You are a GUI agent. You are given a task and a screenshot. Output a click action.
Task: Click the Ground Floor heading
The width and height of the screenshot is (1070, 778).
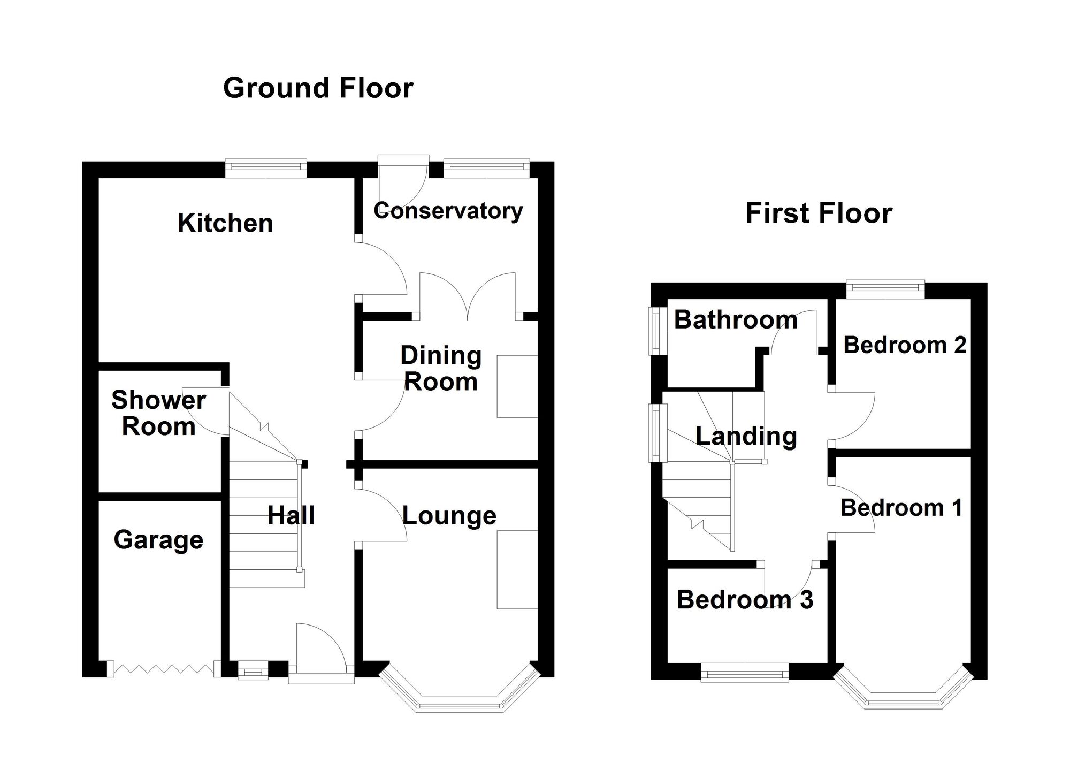point(318,88)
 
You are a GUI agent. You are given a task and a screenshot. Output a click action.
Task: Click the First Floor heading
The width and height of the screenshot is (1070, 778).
point(819,213)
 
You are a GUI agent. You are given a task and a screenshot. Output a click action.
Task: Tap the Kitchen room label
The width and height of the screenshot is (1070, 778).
point(225,223)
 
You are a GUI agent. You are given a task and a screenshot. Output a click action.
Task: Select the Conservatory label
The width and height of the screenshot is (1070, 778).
point(448,211)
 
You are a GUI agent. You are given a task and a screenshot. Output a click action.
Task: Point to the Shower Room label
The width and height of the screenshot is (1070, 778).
point(158,413)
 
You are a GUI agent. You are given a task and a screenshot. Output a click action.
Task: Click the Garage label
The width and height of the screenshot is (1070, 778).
point(158,540)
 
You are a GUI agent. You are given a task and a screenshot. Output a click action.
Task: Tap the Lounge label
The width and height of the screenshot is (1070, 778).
point(449,516)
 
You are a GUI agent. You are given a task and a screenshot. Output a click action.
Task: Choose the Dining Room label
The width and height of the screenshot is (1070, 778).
point(441,369)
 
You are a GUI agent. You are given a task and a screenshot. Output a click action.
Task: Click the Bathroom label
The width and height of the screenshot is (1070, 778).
point(736,320)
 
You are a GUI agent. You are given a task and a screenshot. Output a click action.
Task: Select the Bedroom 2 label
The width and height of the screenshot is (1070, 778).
point(905,345)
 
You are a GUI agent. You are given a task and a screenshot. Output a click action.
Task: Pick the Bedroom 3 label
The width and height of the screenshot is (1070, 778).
point(745,600)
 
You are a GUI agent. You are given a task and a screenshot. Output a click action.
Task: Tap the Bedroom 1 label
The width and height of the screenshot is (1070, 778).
point(901,508)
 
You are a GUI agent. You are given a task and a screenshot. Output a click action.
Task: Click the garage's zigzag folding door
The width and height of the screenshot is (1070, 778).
point(164,669)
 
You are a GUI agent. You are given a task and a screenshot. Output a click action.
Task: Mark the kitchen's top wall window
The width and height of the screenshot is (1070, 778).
point(266,169)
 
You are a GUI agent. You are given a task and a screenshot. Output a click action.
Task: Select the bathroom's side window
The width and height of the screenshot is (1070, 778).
point(655,331)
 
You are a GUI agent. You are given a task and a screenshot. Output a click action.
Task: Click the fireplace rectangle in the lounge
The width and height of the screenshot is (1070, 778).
point(517,569)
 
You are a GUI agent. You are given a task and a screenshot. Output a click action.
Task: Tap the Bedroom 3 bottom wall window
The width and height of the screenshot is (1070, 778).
point(745,673)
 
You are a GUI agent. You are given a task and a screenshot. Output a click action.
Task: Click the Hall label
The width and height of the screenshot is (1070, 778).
point(291,516)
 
